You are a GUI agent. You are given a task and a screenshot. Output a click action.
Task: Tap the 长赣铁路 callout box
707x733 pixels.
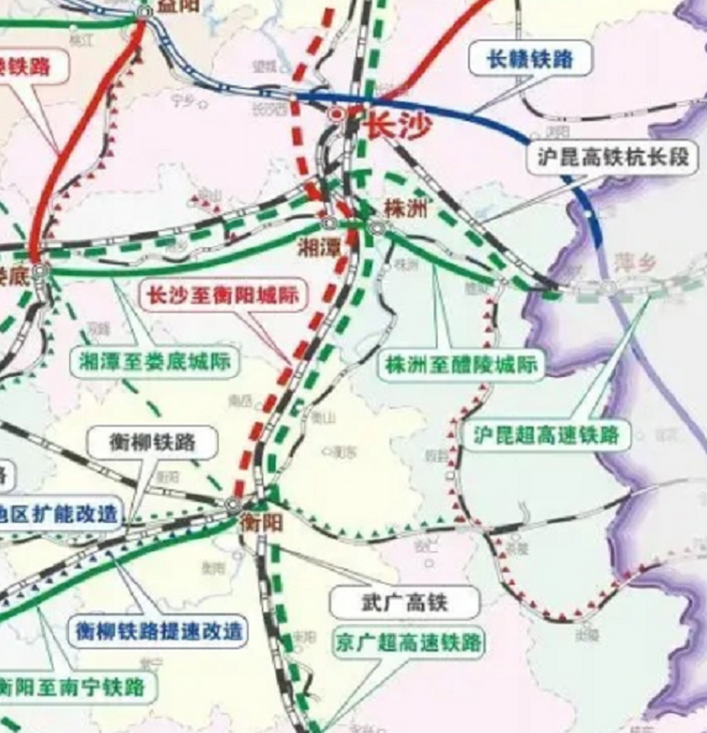pos(530,58)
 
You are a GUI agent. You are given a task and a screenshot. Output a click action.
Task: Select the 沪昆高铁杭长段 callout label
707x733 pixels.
pos(612,156)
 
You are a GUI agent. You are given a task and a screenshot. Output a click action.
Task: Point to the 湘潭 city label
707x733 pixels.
pos(319,247)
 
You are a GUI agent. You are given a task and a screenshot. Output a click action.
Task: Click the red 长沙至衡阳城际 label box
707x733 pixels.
pos(223,295)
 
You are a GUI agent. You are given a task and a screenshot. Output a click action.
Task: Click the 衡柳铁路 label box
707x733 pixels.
pos(152,442)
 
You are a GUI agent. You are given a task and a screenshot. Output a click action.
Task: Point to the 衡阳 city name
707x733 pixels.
pos(261,522)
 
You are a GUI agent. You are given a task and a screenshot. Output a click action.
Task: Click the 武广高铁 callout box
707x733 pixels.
pos(404,602)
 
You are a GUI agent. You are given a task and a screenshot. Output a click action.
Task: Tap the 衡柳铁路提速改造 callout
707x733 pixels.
pos(159,631)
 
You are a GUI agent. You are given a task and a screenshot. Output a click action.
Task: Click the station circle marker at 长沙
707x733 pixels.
pos(336,115)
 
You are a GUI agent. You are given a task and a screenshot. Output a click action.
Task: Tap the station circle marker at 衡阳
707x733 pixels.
pos(232,505)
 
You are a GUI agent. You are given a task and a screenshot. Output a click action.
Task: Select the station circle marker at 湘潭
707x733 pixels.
pos(329,222)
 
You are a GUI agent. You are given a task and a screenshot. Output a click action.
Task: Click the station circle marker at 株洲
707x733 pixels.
pos(376,227)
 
